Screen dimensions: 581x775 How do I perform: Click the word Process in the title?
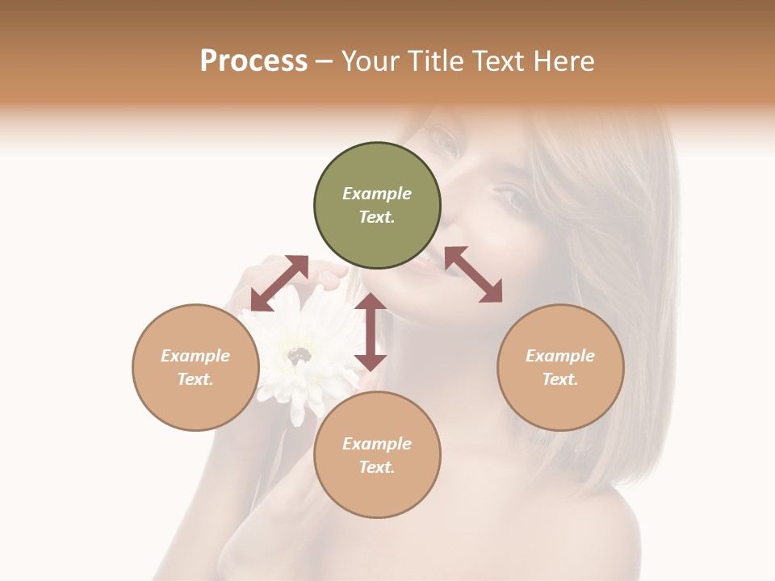coord(253,61)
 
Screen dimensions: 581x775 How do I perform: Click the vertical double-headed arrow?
coord(371,332)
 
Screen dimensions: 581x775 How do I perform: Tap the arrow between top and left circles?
coord(279,282)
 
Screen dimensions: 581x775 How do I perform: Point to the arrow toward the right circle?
coord(473,274)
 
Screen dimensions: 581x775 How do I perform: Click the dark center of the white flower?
coord(300,354)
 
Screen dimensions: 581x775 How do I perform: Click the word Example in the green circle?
coord(377,194)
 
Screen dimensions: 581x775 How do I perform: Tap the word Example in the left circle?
coord(195,356)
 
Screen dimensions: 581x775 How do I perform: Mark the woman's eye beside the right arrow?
coord(513,198)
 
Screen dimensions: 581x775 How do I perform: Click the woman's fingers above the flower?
coord(327,274)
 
